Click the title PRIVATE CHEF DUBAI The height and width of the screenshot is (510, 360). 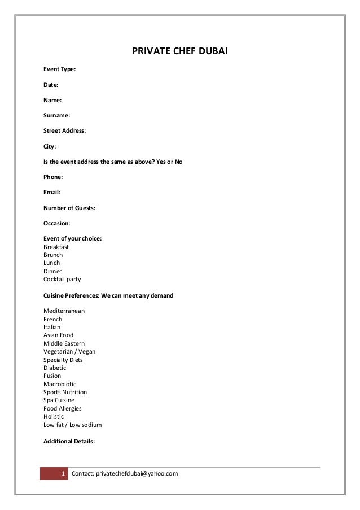coord(179,52)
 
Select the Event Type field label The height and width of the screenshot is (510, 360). coord(60,69)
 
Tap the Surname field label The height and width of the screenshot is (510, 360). coord(57,115)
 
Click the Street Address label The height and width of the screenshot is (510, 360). coord(65,130)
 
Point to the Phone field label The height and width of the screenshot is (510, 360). coord(53,177)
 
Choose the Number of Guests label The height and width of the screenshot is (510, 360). coord(69,208)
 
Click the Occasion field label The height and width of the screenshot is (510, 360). coord(57,223)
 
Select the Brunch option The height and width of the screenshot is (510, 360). coord(53,255)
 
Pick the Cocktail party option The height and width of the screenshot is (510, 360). coord(62,279)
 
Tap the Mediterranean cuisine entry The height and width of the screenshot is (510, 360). coord(64,311)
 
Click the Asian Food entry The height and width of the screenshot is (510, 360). coord(59,335)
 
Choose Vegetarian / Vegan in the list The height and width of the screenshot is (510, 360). coord(69,351)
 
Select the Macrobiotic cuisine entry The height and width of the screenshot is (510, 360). coord(60,384)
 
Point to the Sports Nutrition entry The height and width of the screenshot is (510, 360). coord(65,392)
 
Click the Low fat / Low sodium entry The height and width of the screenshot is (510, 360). coord(73,425)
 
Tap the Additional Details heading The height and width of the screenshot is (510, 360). coord(69,441)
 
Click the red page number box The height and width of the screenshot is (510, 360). coord(54,473)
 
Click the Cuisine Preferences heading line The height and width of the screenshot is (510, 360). coord(108,295)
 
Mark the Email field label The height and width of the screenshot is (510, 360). coord(52,192)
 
